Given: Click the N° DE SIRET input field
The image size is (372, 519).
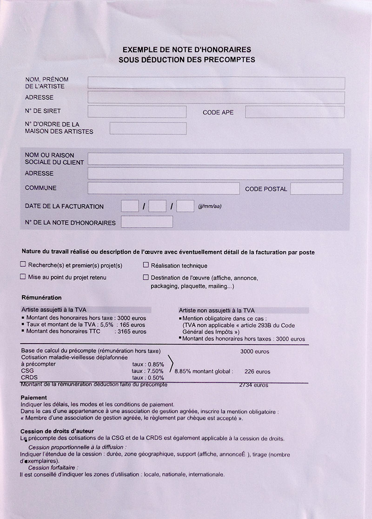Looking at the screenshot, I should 137,112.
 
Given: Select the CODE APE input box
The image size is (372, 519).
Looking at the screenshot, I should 295,112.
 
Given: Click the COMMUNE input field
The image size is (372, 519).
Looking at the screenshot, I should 163,188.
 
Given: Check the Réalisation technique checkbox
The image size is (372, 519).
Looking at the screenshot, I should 146,265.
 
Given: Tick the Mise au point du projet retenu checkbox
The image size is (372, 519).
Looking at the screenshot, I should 23,276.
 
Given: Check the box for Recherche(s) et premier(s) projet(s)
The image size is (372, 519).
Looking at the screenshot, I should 23,264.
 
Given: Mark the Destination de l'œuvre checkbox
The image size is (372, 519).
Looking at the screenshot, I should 146,277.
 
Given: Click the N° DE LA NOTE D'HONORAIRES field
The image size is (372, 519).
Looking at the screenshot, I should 146,222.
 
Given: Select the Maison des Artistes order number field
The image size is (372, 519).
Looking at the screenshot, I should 148,128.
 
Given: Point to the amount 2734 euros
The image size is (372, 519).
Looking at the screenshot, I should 253,385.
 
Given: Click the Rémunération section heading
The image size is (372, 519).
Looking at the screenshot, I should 41,297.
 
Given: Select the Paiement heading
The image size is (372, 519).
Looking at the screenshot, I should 34,398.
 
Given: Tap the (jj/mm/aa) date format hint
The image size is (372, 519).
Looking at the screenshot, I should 209,206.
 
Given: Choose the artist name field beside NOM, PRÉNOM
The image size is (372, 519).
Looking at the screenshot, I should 216,83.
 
